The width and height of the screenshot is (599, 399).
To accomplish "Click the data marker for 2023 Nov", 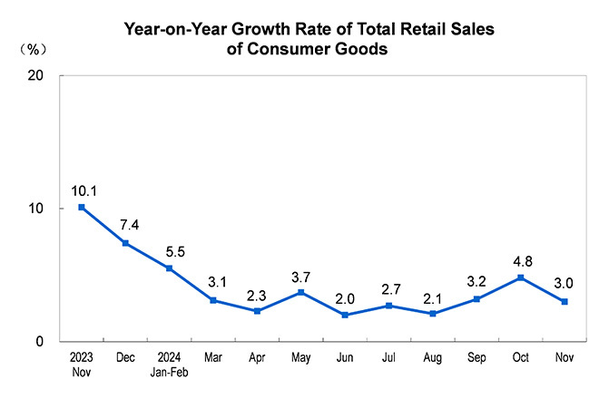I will tap(82, 207).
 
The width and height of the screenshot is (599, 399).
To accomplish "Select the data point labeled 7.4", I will tap(125, 243).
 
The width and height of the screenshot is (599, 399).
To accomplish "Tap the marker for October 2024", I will tap(520, 277).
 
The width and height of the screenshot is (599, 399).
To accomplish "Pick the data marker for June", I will tap(345, 315).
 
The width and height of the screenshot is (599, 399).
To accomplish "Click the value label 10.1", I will tap(82, 190).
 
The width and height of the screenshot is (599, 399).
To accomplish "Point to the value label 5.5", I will tap(170, 251).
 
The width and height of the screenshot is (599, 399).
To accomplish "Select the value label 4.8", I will tap(520, 261).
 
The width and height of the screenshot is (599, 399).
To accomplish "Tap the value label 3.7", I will tap(301, 276).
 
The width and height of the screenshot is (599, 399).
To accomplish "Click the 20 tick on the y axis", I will tap(37, 75).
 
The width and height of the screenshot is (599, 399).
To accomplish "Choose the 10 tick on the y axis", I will tap(37, 209).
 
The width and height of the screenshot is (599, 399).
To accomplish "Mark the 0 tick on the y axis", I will tap(41, 342).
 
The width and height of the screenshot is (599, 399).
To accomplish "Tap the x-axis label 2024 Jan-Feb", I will tap(169, 364).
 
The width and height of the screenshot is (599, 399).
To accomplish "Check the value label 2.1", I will tap(433, 297).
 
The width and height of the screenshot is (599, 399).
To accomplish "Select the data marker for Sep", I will tap(476, 298).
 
